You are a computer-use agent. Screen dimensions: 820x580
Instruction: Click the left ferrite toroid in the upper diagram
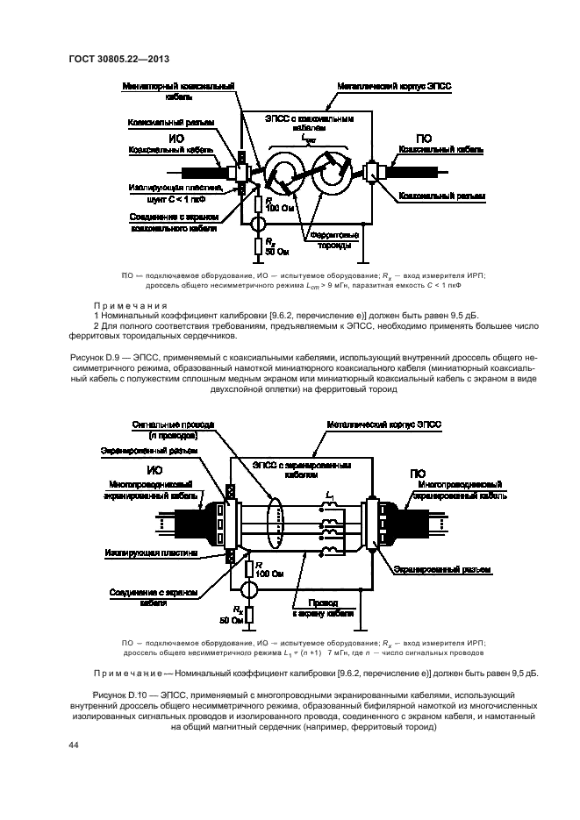point(286,168)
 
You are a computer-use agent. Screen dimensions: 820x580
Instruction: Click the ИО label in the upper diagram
point(176,138)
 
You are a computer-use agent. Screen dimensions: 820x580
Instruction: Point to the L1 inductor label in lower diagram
point(329,498)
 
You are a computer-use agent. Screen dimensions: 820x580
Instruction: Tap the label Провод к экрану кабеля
point(319,608)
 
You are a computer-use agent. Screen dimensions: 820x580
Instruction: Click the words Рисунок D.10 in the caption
point(96,694)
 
